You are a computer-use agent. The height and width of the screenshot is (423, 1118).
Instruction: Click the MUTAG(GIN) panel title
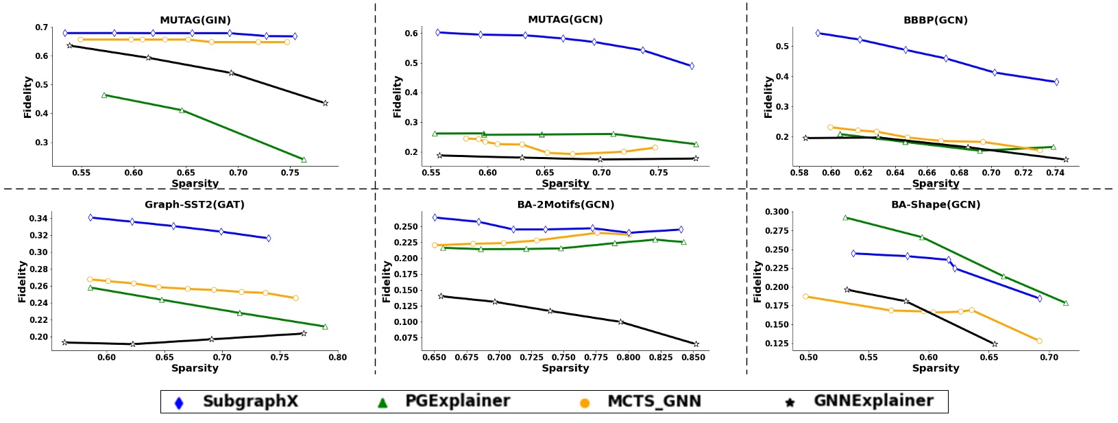(x=195, y=20)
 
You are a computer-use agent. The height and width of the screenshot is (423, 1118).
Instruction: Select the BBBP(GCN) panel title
(x=935, y=20)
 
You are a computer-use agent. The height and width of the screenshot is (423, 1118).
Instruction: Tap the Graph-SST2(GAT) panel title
(x=195, y=204)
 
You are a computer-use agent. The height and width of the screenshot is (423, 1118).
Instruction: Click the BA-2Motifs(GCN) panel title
(x=566, y=204)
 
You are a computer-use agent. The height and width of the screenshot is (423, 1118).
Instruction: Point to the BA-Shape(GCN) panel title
(x=936, y=204)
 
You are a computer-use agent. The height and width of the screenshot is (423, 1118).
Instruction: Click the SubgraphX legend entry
(x=250, y=402)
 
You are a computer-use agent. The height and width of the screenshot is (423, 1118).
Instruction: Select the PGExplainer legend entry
(x=457, y=402)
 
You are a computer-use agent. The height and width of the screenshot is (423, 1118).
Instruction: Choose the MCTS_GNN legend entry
(x=654, y=402)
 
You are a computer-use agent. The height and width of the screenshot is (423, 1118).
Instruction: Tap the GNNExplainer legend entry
(x=873, y=402)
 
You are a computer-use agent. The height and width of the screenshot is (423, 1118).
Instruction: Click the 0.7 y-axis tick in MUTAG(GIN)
(x=41, y=27)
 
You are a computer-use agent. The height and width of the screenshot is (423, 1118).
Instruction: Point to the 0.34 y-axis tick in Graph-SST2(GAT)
(x=38, y=219)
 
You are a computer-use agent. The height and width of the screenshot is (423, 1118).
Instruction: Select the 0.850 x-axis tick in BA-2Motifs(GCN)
(x=695, y=357)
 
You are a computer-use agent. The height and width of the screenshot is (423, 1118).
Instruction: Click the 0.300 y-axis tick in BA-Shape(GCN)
(x=777, y=212)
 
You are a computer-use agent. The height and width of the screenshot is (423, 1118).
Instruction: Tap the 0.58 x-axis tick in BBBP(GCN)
(x=799, y=173)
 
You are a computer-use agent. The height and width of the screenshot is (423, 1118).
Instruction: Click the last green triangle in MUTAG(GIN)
(x=304, y=160)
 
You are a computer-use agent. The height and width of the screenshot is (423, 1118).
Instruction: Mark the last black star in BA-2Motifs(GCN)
(x=696, y=344)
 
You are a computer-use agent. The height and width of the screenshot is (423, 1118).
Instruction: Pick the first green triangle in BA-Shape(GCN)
(x=845, y=217)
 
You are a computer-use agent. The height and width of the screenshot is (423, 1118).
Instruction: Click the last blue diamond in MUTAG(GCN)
(x=691, y=67)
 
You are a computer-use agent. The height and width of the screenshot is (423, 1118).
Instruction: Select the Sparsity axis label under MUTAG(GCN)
(x=566, y=184)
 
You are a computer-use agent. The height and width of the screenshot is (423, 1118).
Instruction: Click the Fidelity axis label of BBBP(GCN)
(x=768, y=97)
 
